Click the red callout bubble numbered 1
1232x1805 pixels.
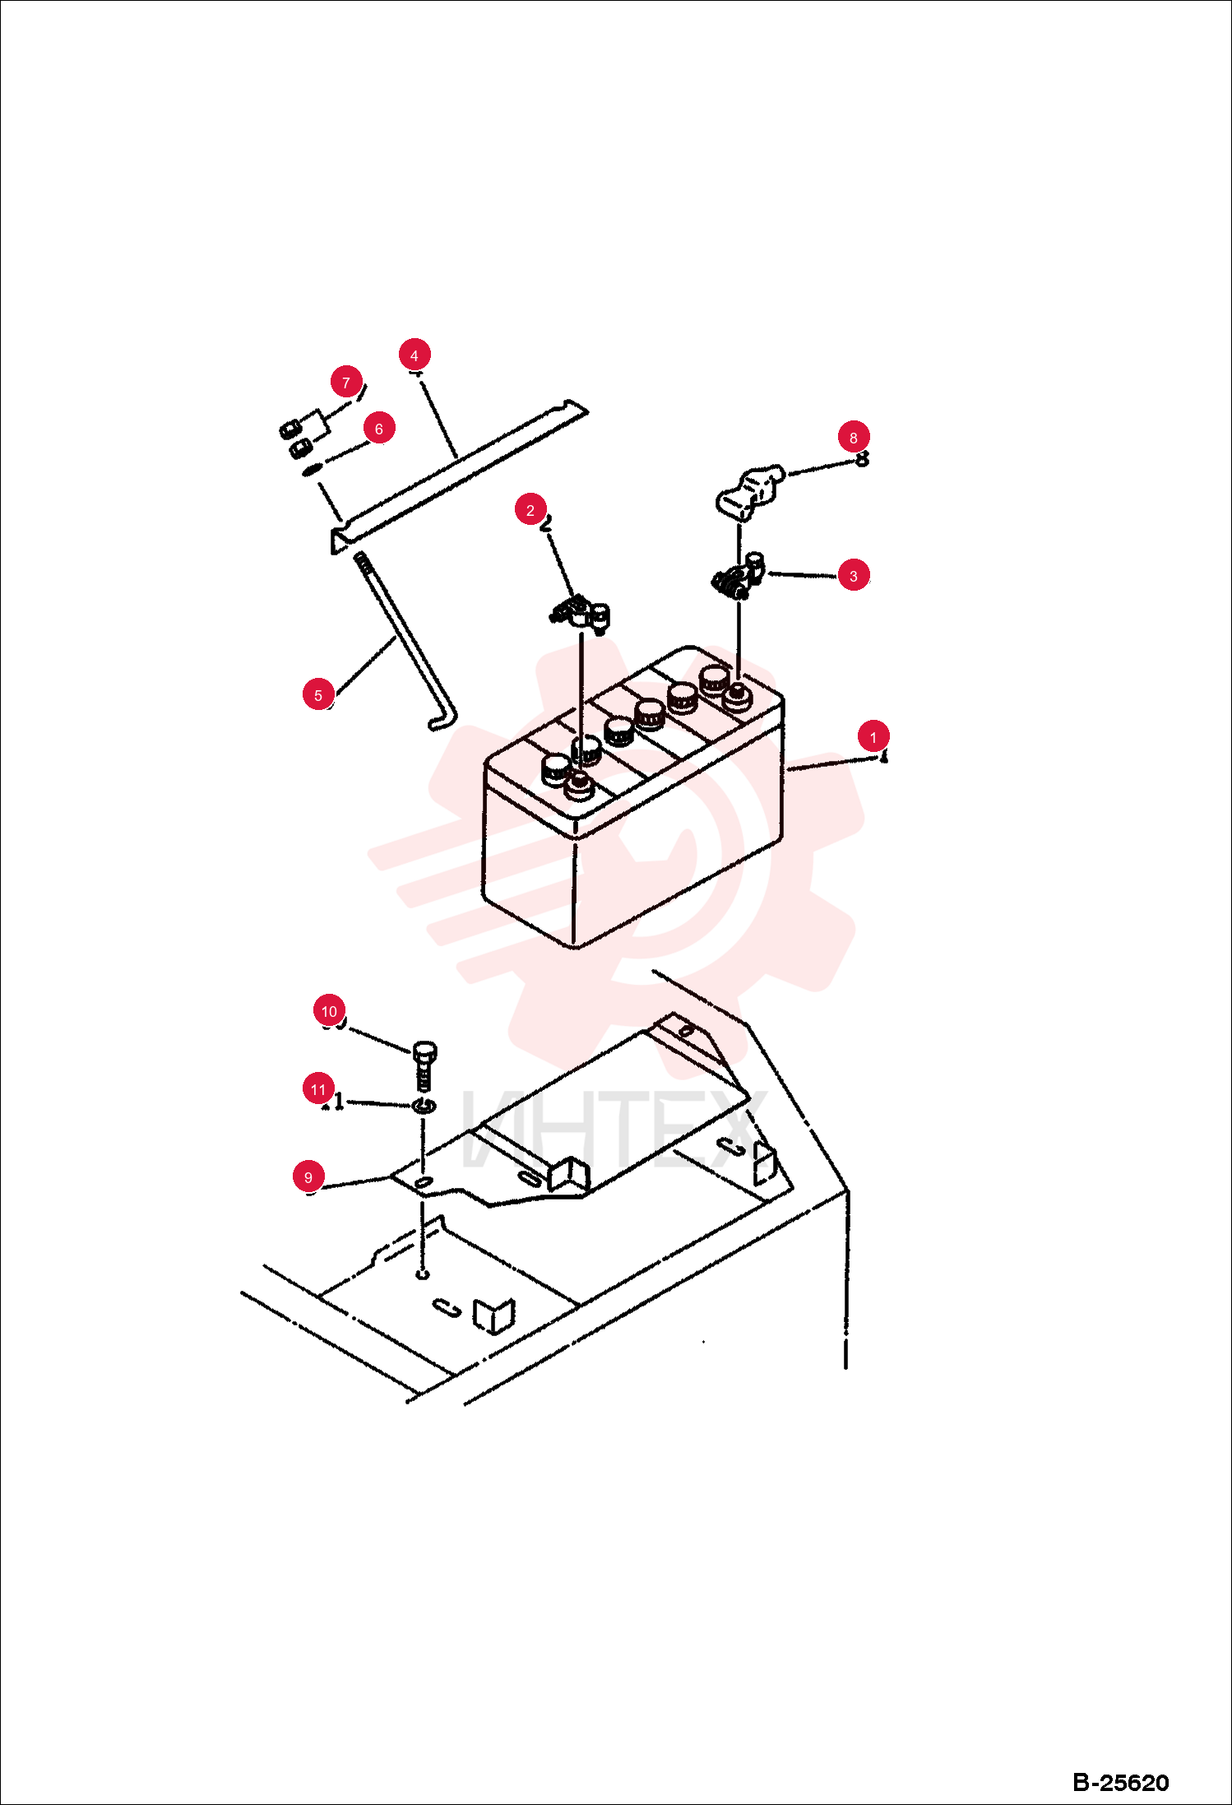(873, 737)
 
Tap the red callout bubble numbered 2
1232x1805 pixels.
(530, 510)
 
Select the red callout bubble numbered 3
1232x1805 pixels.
(854, 576)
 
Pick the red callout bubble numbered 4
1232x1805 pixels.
(415, 355)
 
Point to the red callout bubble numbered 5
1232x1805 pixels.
(318, 694)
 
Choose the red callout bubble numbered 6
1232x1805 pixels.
(379, 429)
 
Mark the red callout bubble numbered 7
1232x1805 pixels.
(346, 383)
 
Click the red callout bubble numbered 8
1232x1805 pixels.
(854, 438)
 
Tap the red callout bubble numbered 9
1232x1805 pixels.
(308, 1177)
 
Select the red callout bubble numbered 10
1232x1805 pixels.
(330, 1011)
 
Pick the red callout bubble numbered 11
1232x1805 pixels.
(319, 1089)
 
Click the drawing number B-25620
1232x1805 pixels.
(1121, 1783)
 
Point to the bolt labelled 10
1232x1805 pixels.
(424, 1065)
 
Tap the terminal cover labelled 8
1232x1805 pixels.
(749, 490)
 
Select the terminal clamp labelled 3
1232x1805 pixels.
(739, 576)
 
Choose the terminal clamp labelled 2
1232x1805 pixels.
(581, 614)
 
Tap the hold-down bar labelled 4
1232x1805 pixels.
(458, 477)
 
